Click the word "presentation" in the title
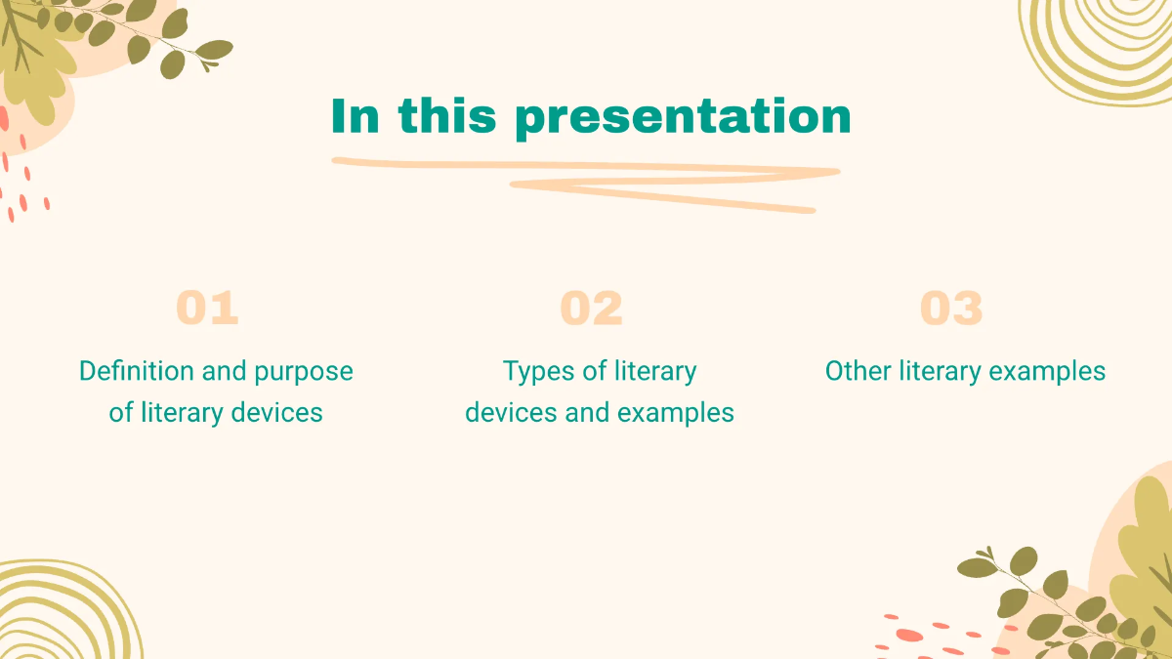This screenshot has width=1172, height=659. pos(683,117)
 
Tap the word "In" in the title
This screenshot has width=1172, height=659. pos(355,117)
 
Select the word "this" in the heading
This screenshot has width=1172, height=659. pos(450,117)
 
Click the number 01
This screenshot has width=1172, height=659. pos(207,309)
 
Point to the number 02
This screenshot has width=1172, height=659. pos(591,309)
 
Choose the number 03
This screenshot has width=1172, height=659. pos(951,309)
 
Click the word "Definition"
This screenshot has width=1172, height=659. pos(136,371)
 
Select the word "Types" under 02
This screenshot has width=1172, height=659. pos(535,371)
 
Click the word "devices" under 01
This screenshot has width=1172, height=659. pos(276,413)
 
